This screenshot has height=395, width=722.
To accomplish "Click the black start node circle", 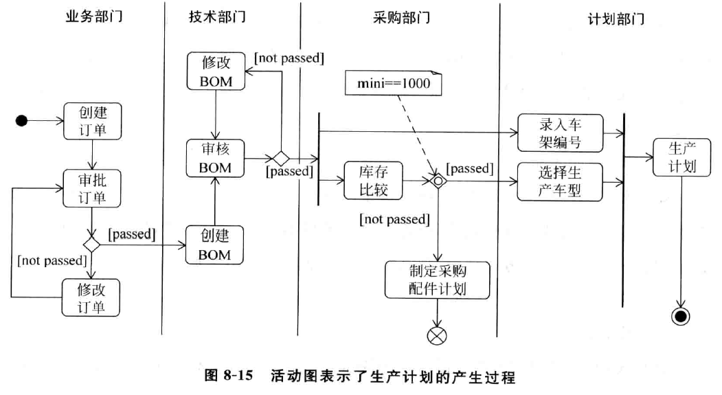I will pyautogui.click(x=22, y=121).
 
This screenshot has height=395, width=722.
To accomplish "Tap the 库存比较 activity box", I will pyautogui.click(x=373, y=180).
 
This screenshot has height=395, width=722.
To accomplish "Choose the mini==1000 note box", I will pyautogui.click(x=391, y=84).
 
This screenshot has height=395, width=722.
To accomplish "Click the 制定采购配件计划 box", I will pyautogui.click(x=438, y=280).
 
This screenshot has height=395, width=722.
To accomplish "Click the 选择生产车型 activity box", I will pyautogui.click(x=560, y=181).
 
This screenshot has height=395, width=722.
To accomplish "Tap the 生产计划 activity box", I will pyautogui.click(x=681, y=157).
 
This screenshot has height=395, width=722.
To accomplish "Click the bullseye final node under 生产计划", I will pyautogui.click(x=681, y=315).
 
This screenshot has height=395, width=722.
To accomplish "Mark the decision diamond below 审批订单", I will pyautogui.click(x=91, y=244).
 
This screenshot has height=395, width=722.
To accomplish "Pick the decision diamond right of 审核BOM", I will pyautogui.click(x=280, y=158).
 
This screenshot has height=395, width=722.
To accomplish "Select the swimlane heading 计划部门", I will pyautogui.click(x=616, y=19).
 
